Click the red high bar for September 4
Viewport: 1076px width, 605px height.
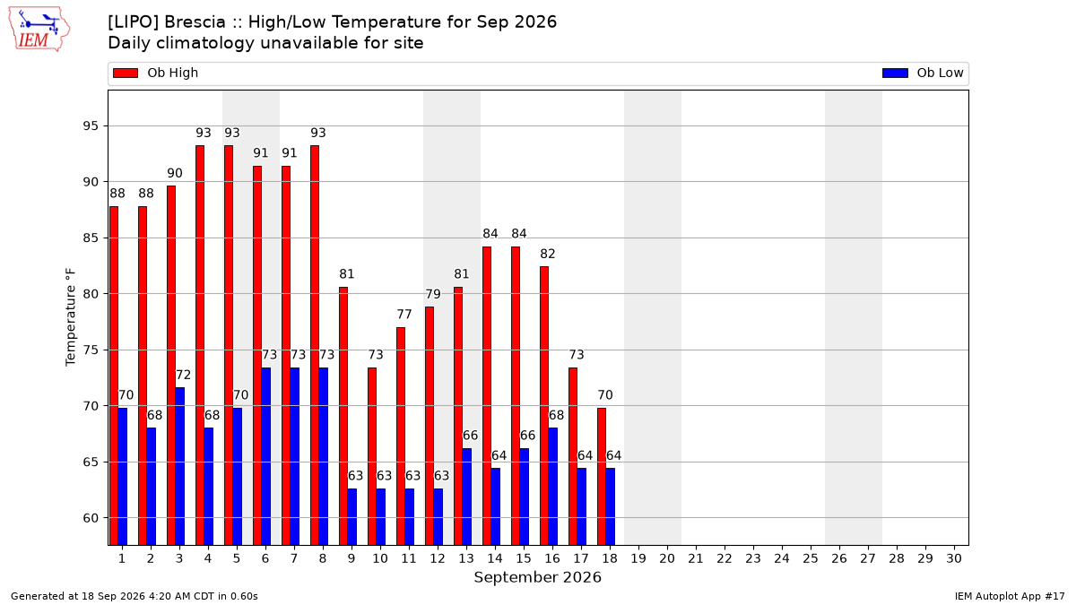coord(200,345)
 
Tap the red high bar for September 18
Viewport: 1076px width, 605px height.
coord(602,476)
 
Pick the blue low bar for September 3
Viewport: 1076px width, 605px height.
coord(179,466)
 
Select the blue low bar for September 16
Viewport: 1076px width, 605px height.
coord(553,487)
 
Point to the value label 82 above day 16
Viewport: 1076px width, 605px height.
coord(548,254)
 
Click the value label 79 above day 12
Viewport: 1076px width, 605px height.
coord(433,294)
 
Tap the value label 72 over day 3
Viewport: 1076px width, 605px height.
coord(183,375)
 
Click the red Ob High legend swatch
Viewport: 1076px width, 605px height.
coord(126,73)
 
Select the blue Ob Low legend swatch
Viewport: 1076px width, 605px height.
coord(895,73)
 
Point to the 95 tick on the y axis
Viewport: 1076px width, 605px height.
coord(91,125)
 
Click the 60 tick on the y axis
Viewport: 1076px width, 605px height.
coord(91,518)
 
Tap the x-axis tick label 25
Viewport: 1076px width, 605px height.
coord(811,558)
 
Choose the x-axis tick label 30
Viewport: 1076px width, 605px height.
coord(954,558)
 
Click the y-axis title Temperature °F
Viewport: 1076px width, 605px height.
coord(71,317)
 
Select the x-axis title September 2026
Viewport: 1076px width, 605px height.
coord(537,577)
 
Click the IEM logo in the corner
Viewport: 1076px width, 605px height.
coord(39,29)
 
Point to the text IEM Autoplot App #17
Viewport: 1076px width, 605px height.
coord(1010,596)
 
